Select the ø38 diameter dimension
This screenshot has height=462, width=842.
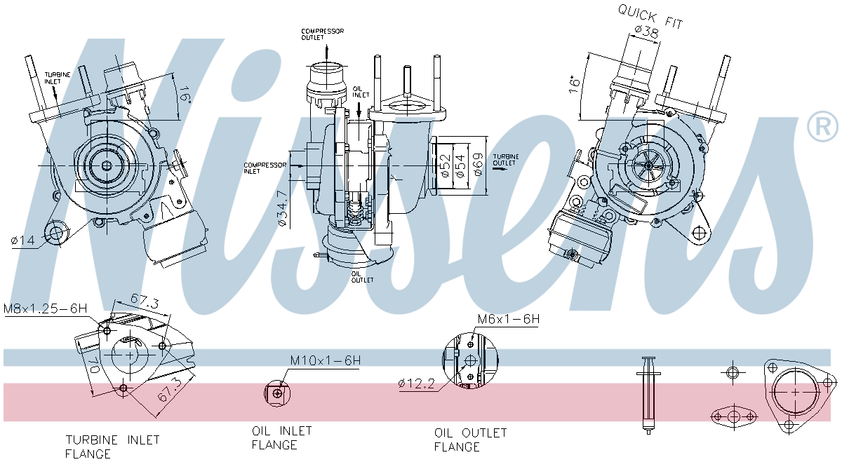[x=646, y=31]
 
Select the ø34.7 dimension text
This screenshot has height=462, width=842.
[x=282, y=208]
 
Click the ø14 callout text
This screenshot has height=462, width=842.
[x=22, y=241]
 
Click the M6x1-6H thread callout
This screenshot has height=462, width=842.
[x=508, y=320]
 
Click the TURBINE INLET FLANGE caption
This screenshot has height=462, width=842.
[x=112, y=447]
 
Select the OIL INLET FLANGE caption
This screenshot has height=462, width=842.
[x=281, y=437]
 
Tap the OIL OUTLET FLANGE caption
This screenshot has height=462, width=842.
[x=469, y=440]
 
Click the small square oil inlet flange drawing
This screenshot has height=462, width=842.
[x=278, y=393]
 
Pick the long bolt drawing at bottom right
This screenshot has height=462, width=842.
[x=647, y=393]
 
